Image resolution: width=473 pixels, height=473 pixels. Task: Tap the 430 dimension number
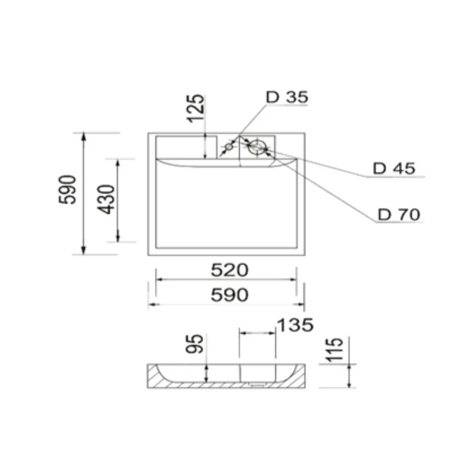pos(108,199)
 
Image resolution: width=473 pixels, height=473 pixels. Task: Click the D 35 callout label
pos(287,97)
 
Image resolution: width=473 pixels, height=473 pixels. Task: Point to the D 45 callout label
pos(394,168)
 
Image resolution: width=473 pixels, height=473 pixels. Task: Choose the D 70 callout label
pos(399,215)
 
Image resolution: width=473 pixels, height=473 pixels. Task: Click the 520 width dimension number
pos(229,271)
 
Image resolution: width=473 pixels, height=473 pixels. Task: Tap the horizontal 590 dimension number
pos(229,295)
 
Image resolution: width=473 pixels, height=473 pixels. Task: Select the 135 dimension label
pos(294,325)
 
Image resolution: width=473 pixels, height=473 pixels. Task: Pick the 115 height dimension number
pos(335,350)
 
